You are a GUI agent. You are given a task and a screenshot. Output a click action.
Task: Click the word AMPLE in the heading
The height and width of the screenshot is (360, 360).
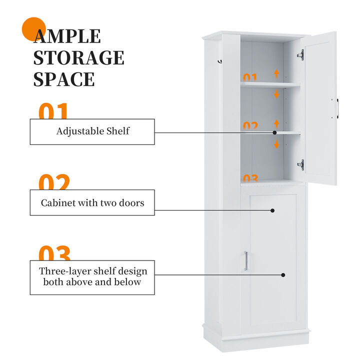point(67,36)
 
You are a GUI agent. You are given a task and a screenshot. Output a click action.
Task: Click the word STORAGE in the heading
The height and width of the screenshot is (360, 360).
point(78,57)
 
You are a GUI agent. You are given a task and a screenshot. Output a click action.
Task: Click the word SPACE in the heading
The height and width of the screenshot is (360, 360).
point(64,79)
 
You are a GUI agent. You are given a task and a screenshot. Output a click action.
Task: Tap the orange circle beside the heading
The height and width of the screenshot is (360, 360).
point(34,29)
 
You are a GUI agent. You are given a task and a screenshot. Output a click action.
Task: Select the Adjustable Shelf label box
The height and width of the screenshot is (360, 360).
point(92,131)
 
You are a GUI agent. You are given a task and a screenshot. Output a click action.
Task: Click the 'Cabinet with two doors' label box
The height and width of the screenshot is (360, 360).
point(92,202)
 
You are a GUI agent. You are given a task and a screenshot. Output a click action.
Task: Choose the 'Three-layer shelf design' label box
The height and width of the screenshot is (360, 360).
point(92,277)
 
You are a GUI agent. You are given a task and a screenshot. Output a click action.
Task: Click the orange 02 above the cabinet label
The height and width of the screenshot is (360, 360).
point(54,183)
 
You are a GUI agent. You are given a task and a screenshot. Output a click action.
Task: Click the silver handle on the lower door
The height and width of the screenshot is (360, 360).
point(245,261)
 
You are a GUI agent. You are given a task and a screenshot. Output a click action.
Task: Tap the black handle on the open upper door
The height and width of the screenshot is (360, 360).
point(337,108)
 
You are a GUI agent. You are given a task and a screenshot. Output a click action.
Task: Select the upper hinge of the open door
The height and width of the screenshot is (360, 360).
point(300,54)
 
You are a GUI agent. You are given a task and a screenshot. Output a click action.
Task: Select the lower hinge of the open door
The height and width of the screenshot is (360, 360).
point(300,164)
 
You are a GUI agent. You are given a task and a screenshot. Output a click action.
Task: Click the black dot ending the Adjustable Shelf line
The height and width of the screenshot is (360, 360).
point(274,132)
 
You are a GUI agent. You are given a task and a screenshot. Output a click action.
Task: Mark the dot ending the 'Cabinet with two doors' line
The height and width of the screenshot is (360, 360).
point(272,210)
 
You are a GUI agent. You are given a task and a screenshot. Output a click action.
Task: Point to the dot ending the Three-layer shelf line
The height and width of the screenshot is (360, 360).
point(283,274)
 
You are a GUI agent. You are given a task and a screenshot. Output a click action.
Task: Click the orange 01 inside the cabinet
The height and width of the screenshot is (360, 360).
point(250,77)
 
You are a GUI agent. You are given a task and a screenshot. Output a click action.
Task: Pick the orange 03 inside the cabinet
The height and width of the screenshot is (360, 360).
point(250,177)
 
